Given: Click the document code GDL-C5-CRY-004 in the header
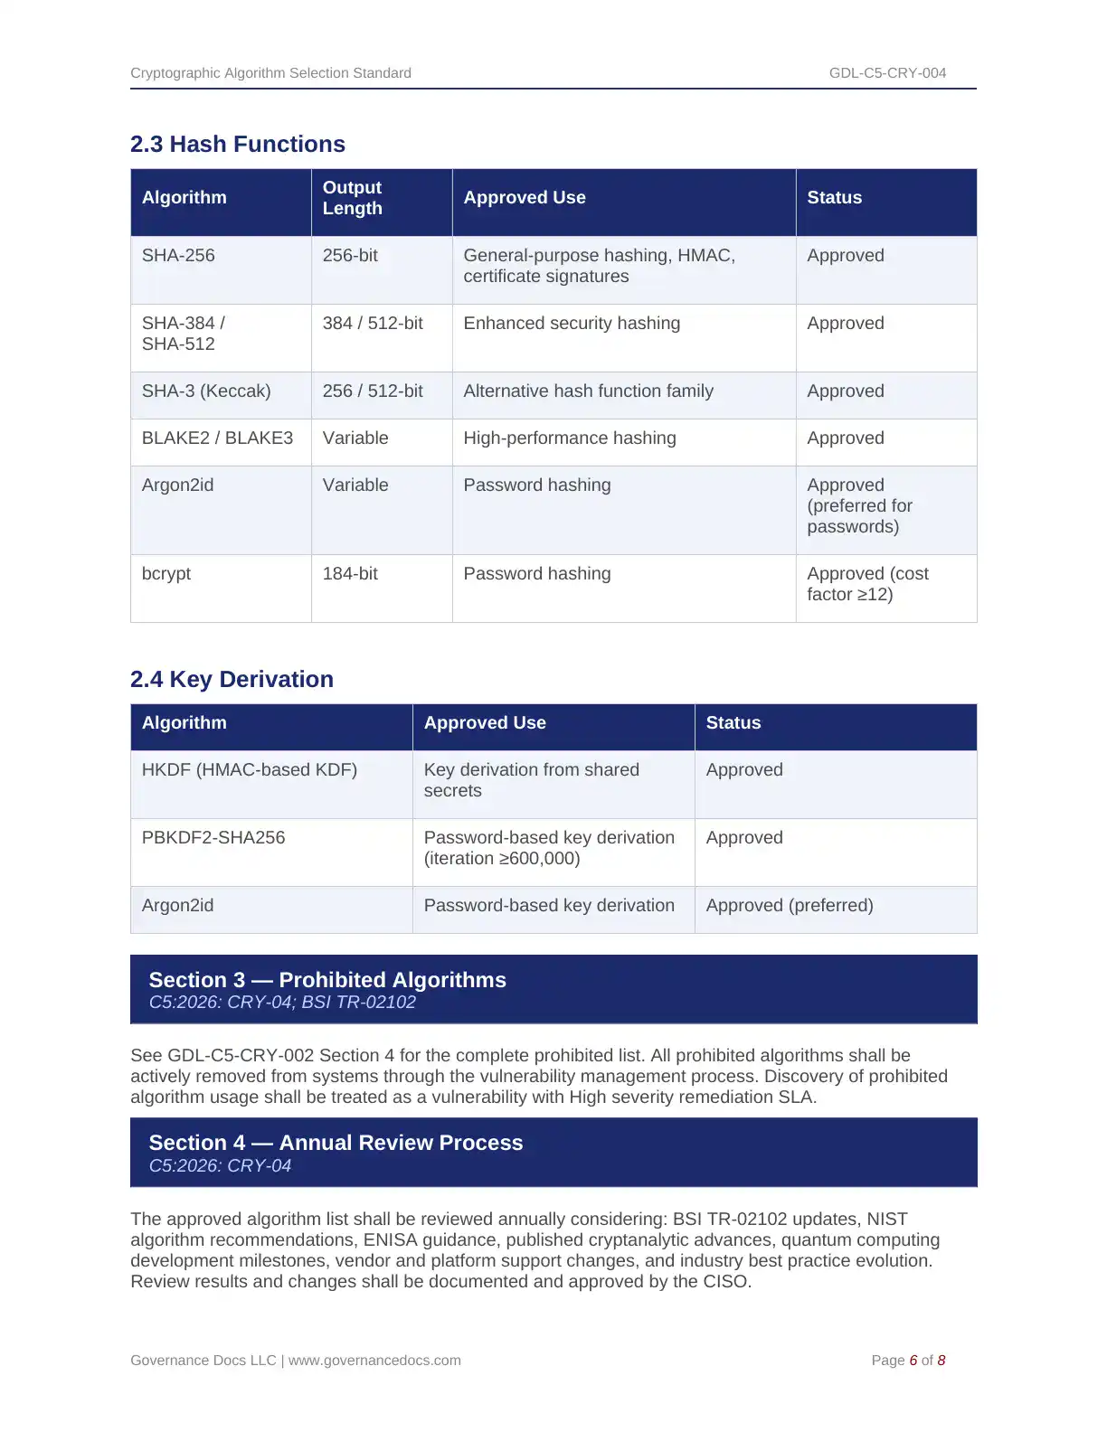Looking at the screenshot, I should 887,73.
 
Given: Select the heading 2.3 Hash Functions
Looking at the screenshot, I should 238,145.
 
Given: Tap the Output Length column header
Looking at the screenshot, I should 353,198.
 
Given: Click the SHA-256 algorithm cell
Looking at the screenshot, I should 178,256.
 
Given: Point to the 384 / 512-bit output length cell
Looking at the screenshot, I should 373,324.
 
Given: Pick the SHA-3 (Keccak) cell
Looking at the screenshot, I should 206,391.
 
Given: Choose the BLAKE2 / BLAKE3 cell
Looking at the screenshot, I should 217,438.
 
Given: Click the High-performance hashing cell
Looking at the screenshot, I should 570,438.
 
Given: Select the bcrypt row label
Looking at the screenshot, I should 166,574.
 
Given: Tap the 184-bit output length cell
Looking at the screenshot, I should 350,574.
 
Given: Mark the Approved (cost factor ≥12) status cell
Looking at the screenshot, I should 866,584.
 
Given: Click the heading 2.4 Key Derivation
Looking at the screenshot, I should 232,680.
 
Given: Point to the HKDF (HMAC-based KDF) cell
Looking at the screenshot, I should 250,770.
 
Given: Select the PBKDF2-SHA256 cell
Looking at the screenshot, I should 213,838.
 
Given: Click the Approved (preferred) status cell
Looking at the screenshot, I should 790,906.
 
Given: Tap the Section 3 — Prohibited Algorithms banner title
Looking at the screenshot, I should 327,980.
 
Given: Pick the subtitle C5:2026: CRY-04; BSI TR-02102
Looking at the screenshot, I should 282,1003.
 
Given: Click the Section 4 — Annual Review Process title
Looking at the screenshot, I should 336,1143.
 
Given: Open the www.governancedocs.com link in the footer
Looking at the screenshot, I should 374,1361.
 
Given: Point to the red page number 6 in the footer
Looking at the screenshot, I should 913,1361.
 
